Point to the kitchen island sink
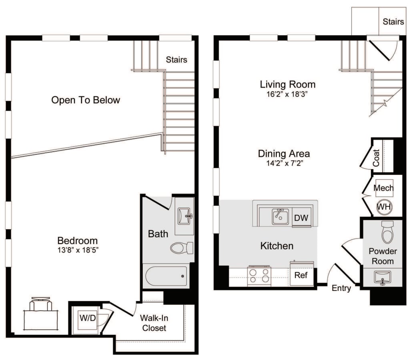(281, 216)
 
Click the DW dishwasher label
(302, 218)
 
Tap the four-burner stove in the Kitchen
(259, 276)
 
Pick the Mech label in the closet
(383, 188)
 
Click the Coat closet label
(376, 158)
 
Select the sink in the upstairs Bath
(184, 216)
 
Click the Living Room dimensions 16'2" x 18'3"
(287, 94)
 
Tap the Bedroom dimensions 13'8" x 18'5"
(78, 250)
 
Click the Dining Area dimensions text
(283, 163)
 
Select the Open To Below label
(86, 100)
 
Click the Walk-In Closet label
(153, 323)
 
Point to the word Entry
(341, 288)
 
